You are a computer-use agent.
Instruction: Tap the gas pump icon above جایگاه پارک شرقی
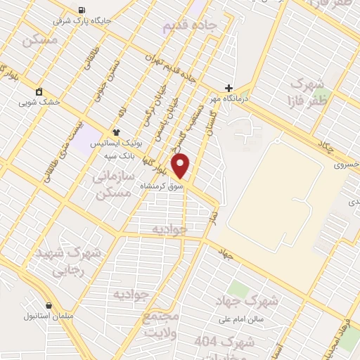pyautogui.click(x=82, y=9)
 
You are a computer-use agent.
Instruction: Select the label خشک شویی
pyautogui.click(x=41, y=102)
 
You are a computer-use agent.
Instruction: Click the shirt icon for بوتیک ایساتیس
pyautogui.click(x=117, y=131)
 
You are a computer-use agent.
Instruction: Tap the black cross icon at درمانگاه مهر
pyautogui.click(x=229, y=89)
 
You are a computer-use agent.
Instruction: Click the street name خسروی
pyautogui.click(x=345, y=163)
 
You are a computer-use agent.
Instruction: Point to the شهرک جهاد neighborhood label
pyautogui.click(x=254, y=302)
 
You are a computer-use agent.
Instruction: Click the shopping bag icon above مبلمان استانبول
pyautogui.click(x=49, y=305)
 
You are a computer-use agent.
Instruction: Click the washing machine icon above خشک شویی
pyautogui.click(x=39, y=91)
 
